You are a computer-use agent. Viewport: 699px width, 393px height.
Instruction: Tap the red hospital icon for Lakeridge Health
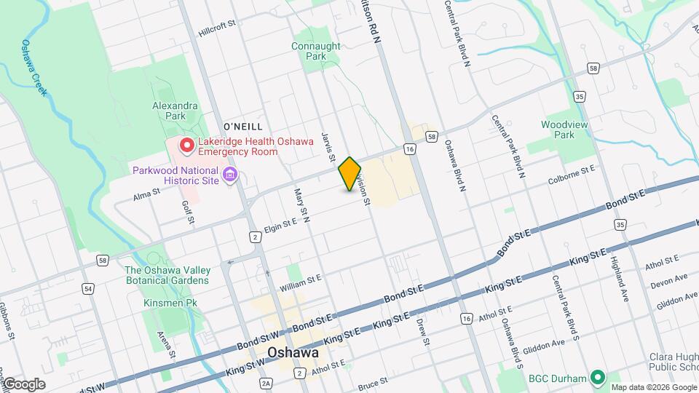coord(186,146)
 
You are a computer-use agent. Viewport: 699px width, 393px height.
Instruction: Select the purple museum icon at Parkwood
coord(232,175)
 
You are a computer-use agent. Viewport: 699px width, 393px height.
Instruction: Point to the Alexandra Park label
coord(175,111)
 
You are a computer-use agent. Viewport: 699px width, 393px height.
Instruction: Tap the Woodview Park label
coord(564,130)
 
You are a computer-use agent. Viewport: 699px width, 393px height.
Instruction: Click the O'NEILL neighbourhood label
coord(243,127)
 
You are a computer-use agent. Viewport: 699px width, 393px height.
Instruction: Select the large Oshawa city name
coord(293,352)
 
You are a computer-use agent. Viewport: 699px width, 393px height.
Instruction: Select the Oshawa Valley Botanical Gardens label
coord(167,275)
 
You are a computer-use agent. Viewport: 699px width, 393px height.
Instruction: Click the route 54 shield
coord(88,288)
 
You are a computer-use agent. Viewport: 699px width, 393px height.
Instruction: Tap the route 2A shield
coord(266,383)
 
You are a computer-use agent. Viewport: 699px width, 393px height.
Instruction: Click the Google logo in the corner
coord(24,384)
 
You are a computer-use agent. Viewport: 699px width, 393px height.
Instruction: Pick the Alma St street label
coord(146,196)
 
